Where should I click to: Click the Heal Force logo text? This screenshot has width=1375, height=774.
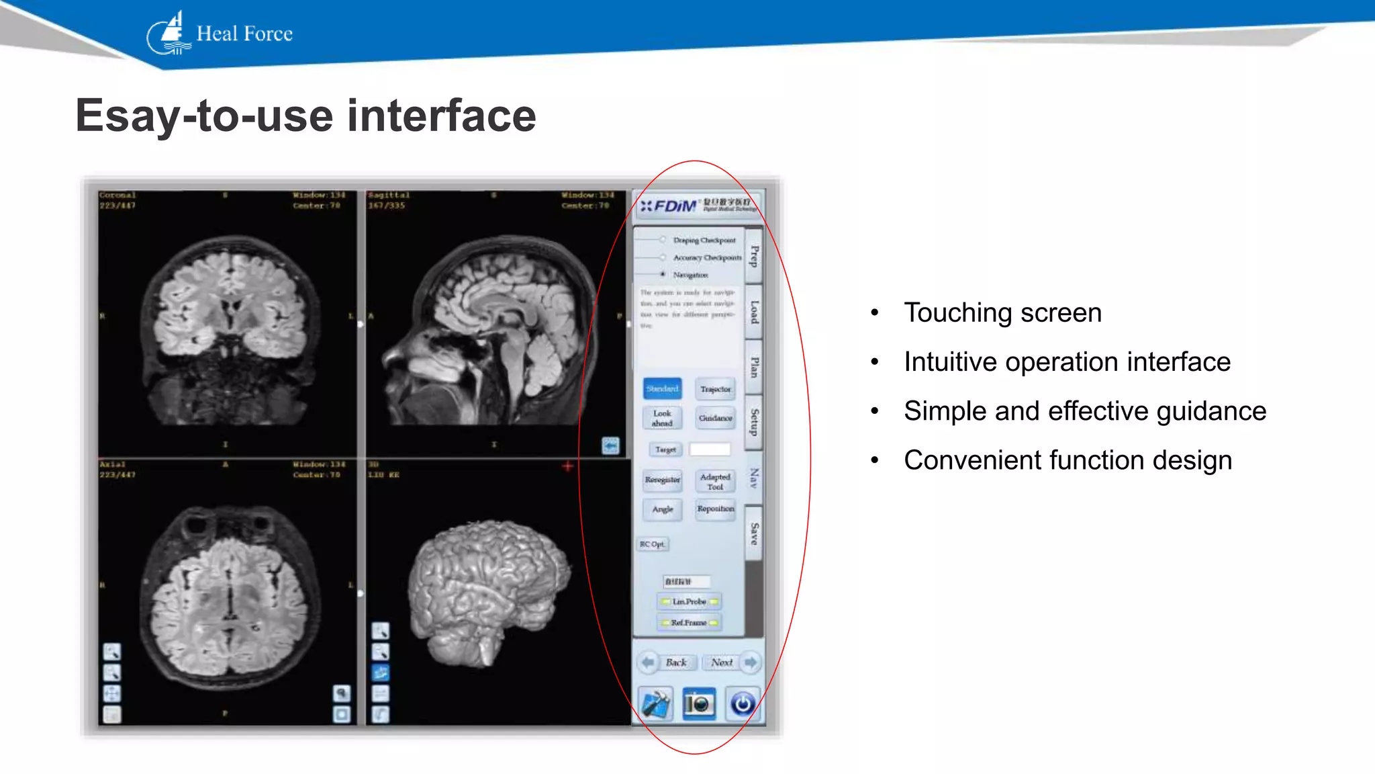244,34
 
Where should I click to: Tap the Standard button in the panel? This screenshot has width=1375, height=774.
662,389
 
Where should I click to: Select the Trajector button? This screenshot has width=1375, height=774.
715,389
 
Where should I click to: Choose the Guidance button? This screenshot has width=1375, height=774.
715,418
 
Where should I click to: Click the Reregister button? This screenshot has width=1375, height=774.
662,480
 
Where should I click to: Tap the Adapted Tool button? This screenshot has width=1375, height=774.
715,481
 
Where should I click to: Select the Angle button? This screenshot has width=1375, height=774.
662,509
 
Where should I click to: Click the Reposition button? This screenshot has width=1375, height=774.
715,509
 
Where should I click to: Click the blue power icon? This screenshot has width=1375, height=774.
742,703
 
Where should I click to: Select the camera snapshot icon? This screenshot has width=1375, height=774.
698,703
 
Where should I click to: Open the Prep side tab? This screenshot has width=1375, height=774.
754,256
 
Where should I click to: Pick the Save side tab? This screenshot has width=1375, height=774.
754,533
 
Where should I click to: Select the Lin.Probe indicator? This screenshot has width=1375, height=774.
689,601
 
